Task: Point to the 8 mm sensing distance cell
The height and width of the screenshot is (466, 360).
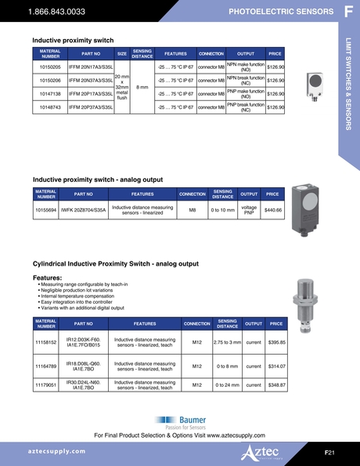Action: coord(142,87)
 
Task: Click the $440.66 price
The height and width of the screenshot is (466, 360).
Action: coord(273,210)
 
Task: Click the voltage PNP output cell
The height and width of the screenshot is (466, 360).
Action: coord(250,210)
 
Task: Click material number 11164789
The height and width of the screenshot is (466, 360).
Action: coord(45,365)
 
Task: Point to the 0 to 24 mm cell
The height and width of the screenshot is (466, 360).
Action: coord(227,385)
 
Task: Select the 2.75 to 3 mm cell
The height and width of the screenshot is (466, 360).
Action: coord(227,342)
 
